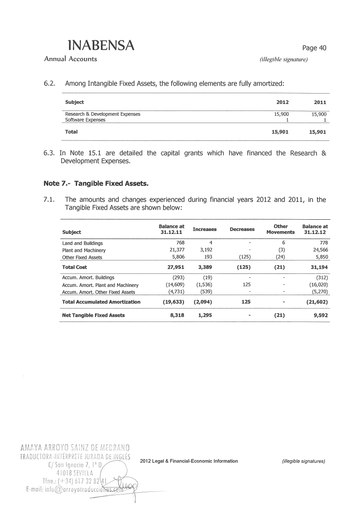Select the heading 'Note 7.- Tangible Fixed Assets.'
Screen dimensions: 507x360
(96, 184)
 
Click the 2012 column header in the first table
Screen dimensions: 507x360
(282, 102)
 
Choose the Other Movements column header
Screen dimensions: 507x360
(281, 229)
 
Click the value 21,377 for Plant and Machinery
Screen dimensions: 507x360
(176, 250)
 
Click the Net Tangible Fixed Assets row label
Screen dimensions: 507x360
(93, 315)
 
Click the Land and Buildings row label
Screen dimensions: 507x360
(83, 243)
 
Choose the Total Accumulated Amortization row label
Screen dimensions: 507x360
(101, 302)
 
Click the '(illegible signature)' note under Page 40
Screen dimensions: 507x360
(283, 60)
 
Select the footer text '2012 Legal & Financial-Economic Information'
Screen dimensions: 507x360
(189, 461)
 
